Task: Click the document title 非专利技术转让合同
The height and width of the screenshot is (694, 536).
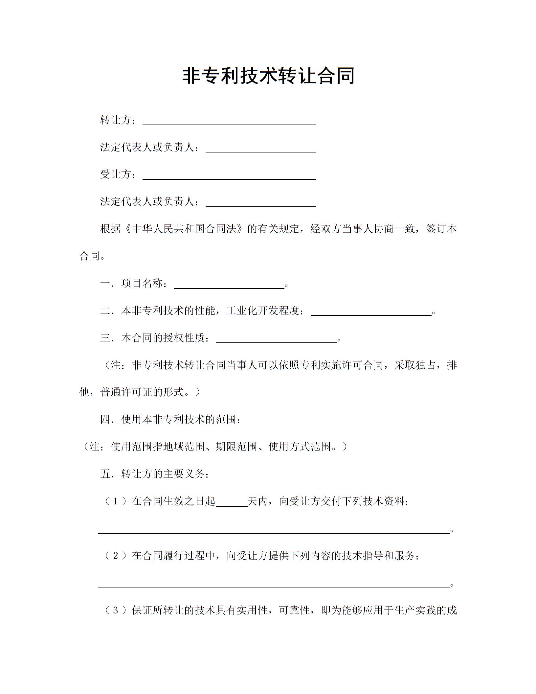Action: pos(268,76)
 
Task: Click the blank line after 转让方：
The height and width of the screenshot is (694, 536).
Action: pos(229,122)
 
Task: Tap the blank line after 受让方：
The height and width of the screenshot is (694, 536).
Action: pos(229,176)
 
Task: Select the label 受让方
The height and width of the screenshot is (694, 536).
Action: pos(116,174)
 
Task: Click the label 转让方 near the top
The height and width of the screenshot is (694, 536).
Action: pos(116,120)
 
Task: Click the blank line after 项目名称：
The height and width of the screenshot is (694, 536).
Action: pos(229,286)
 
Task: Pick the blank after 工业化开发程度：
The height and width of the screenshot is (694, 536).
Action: pos(371,312)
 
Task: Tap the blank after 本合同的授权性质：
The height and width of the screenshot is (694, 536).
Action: pos(276,340)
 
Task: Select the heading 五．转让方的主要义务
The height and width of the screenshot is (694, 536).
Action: pos(154,474)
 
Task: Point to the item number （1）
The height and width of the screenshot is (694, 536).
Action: pos(115,501)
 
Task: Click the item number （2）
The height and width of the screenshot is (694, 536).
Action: pos(115,556)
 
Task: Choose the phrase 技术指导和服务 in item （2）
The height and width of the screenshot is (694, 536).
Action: pos(378,556)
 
